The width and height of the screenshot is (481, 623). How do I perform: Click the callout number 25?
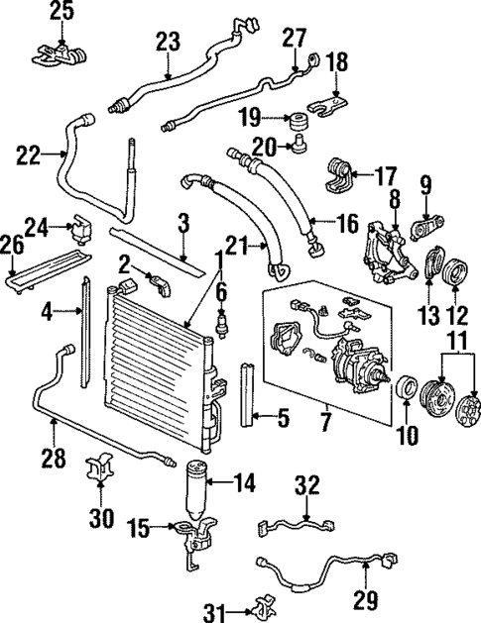[x=61, y=12]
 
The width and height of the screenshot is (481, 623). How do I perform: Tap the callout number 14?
[x=243, y=484]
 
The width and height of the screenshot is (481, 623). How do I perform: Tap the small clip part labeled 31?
[x=262, y=603]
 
